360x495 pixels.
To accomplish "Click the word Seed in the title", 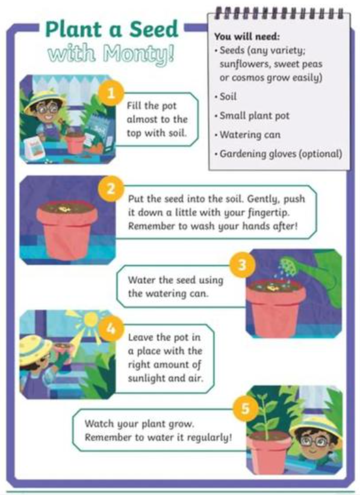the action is (154, 29).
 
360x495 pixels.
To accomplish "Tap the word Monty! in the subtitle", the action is (138, 53).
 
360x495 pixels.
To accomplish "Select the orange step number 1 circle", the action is (111, 93).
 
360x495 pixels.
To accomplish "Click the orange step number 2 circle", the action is (111, 189).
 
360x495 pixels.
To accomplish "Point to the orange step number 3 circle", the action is (242, 265).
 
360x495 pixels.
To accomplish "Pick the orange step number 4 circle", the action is (111, 328).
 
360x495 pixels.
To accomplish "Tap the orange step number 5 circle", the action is (246, 408).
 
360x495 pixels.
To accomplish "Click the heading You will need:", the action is (247, 37).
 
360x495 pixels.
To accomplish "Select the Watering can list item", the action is (250, 135).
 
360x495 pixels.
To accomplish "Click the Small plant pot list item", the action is (255, 116).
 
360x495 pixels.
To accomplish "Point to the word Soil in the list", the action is (228, 97).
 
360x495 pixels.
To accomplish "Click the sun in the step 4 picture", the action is (90, 319).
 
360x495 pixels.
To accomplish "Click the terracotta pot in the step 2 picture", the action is (67, 230).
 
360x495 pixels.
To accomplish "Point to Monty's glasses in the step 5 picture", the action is (313, 441).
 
